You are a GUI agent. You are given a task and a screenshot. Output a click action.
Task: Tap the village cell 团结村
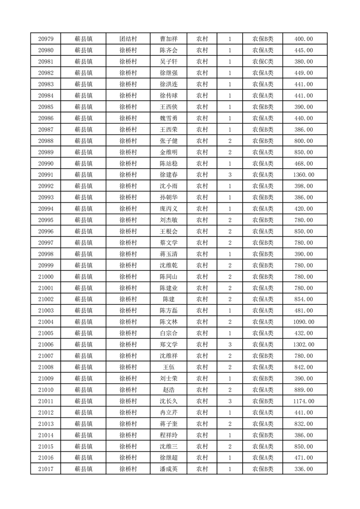click(128, 39)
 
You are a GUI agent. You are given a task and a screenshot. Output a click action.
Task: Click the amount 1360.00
click(304, 175)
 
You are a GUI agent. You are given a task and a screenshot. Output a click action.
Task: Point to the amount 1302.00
click(304, 345)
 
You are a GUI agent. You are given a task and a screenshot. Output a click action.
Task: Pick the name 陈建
click(168, 299)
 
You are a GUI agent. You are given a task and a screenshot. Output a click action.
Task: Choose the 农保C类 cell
click(263, 62)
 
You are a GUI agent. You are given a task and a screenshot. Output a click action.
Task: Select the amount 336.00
click(304, 469)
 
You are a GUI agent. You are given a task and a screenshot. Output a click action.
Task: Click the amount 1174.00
click(304, 401)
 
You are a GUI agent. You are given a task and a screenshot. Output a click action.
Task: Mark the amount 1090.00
click(304, 322)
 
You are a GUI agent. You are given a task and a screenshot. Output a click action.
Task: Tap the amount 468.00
click(304, 163)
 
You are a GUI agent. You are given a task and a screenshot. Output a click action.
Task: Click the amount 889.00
click(304, 390)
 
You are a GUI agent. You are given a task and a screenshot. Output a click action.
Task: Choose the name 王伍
click(168, 367)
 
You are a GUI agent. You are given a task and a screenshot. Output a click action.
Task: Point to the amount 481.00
click(304, 311)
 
